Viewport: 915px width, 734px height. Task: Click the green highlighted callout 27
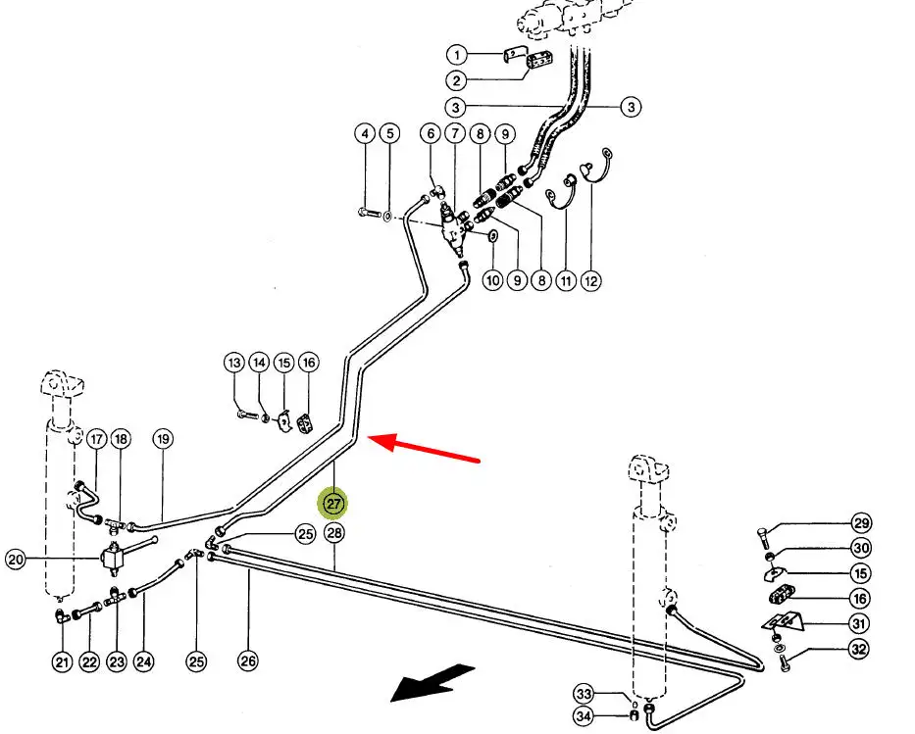click(333, 505)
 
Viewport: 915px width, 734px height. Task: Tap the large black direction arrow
click(432, 681)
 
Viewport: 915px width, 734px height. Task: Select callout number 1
click(457, 54)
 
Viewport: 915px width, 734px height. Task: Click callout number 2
click(457, 80)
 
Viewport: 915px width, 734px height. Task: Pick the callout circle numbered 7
click(455, 133)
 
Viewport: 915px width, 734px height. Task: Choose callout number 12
click(591, 281)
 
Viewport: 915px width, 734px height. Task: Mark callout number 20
click(15, 561)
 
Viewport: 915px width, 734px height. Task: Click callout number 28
click(334, 533)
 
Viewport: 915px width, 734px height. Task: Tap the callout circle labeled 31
click(859, 624)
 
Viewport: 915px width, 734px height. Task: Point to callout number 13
click(234, 364)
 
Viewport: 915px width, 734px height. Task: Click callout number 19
click(163, 439)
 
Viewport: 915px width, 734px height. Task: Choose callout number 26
click(248, 661)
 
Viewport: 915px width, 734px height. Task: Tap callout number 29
click(861, 523)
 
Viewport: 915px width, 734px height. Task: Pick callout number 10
click(492, 281)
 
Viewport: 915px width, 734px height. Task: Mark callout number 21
click(63, 662)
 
